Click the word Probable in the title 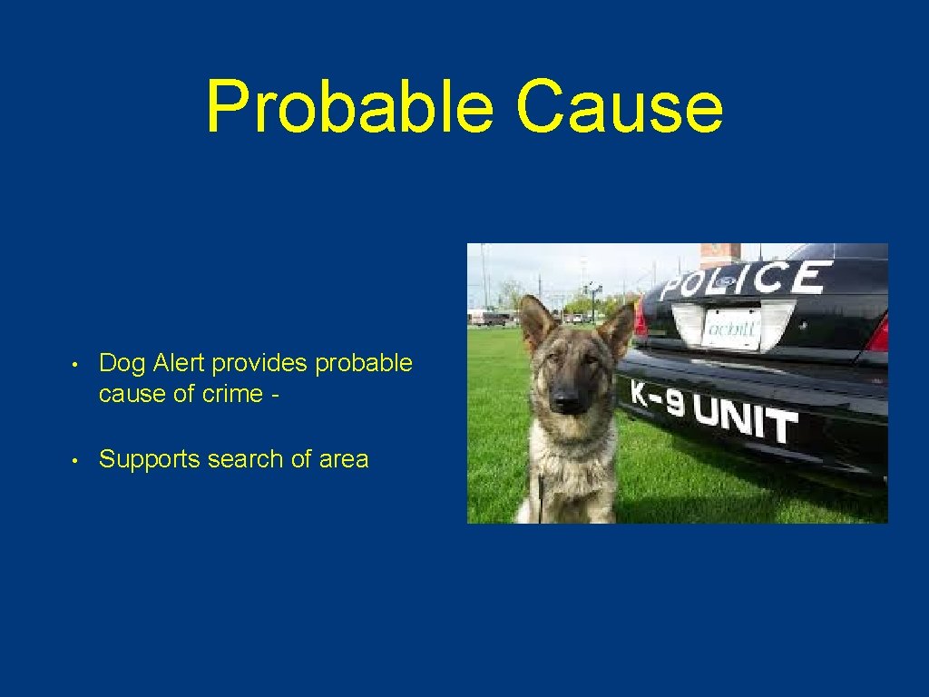(349, 107)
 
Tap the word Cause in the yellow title (620, 107)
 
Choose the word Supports (150, 459)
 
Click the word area (344, 459)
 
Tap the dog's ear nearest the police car (618, 329)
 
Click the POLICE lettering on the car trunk (743, 280)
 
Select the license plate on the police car (732, 327)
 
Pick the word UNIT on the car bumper (746, 419)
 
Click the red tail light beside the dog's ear (640, 318)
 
